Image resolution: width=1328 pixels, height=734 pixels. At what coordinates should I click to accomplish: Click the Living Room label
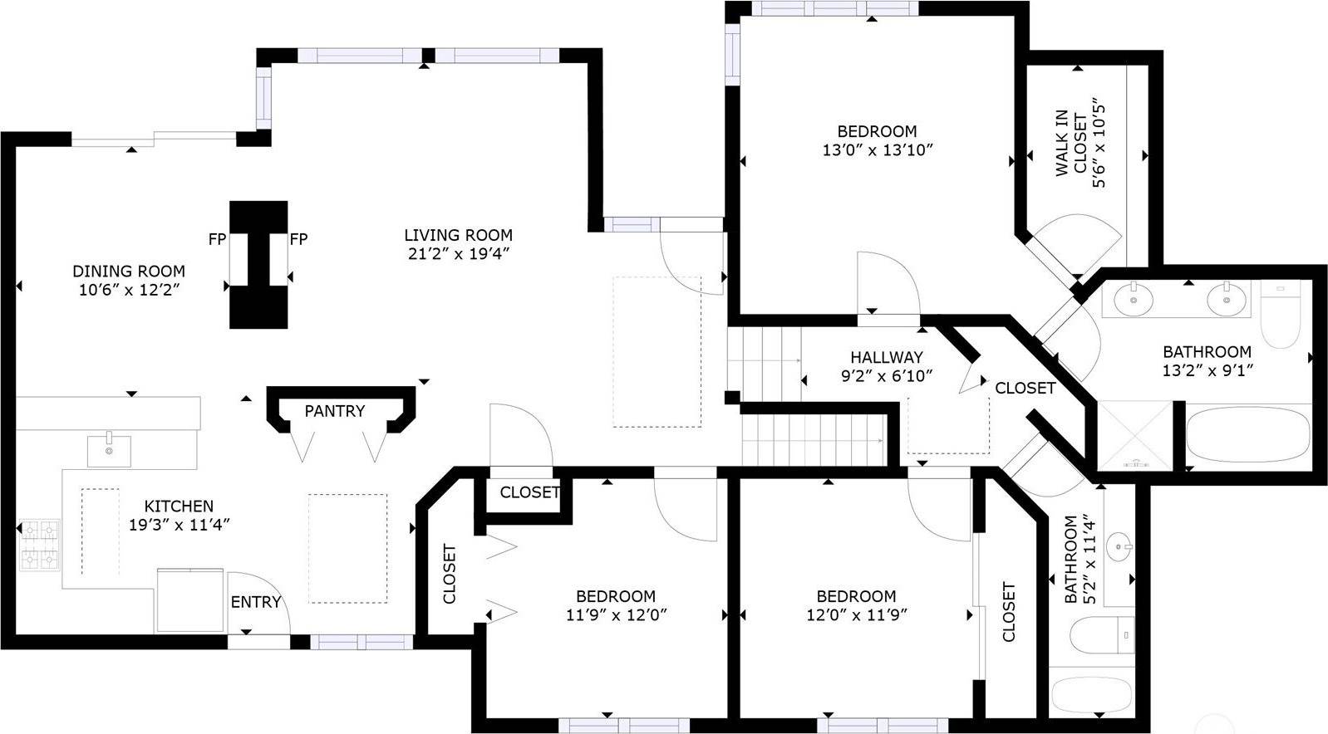point(458,235)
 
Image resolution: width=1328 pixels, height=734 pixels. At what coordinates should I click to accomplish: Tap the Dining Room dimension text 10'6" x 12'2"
point(128,290)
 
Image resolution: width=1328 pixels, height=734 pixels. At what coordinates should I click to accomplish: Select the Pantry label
point(334,411)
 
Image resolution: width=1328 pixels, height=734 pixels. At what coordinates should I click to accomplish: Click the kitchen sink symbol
point(109,451)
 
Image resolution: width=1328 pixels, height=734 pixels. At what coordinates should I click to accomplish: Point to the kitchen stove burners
point(40,545)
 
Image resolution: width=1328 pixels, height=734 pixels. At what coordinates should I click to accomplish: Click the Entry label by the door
point(255,602)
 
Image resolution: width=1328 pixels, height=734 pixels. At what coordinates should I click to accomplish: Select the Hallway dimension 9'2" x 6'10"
point(887,376)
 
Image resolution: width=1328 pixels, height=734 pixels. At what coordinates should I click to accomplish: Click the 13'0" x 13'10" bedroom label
point(877,131)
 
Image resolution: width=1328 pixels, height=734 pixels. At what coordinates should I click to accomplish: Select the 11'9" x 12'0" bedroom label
point(616,596)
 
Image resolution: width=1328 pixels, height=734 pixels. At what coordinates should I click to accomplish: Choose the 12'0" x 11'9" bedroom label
point(856,596)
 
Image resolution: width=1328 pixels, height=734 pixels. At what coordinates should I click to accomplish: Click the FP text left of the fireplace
point(217,239)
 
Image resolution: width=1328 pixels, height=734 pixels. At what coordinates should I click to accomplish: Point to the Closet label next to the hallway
point(1025,388)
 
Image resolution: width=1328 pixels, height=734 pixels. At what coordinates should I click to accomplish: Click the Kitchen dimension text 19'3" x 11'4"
point(179,525)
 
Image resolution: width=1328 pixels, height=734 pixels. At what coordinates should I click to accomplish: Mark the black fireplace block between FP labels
point(258,264)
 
